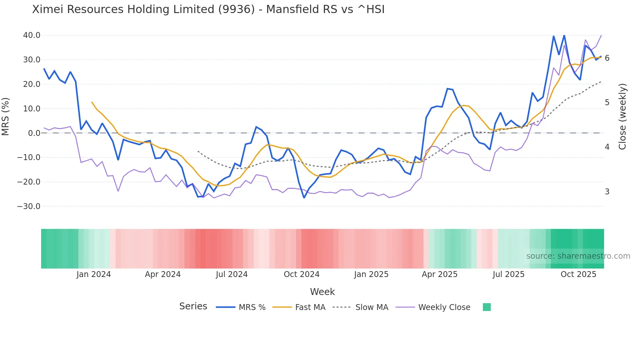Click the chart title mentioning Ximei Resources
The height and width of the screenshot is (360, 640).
pyautogui.click(x=208, y=9)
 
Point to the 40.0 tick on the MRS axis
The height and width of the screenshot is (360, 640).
pyautogui.click(x=32, y=35)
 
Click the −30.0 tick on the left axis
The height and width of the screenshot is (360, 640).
pyautogui.click(x=29, y=206)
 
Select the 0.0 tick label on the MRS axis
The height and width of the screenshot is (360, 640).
pyautogui.click(x=34, y=133)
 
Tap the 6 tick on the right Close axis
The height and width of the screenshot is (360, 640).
pyautogui.click(x=607, y=58)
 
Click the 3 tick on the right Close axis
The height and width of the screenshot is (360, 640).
pyautogui.click(x=607, y=192)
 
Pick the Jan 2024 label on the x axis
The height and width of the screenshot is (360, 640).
pyautogui.click(x=94, y=274)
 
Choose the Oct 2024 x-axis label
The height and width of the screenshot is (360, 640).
pyautogui.click(x=301, y=274)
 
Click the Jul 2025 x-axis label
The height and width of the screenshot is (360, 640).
pyautogui.click(x=508, y=274)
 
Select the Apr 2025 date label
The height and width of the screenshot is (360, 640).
pyautogui.click(x=440, y=274)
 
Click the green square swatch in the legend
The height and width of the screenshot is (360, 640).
pyautogui.click(x=487, y=307)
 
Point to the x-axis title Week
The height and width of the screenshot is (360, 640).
pyautogui.click(x=322, y=292)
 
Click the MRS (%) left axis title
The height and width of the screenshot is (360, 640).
pyautogui.click(x=6, y=116)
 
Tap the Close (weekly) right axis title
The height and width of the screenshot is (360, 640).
pyautogui.click(x=622, y=117)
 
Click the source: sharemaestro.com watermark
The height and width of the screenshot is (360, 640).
pyautogui.click(x=578, y=256)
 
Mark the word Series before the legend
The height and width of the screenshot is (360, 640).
pyautogui.click(x=193, y=306)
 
